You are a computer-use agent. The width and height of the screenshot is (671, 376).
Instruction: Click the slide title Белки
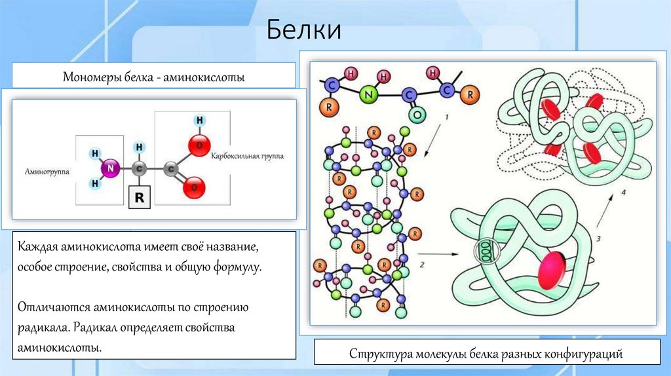pos(303,30)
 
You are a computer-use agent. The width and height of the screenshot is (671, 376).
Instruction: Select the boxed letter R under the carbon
pos(139,196)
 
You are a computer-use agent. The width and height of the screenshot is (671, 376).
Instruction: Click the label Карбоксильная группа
pos(247,157)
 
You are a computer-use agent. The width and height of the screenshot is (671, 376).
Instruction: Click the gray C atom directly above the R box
pos(139,168)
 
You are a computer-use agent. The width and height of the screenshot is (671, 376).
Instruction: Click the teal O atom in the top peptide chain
pos(415,115)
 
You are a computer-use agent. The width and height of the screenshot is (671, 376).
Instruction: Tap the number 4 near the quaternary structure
pos(624,193)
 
